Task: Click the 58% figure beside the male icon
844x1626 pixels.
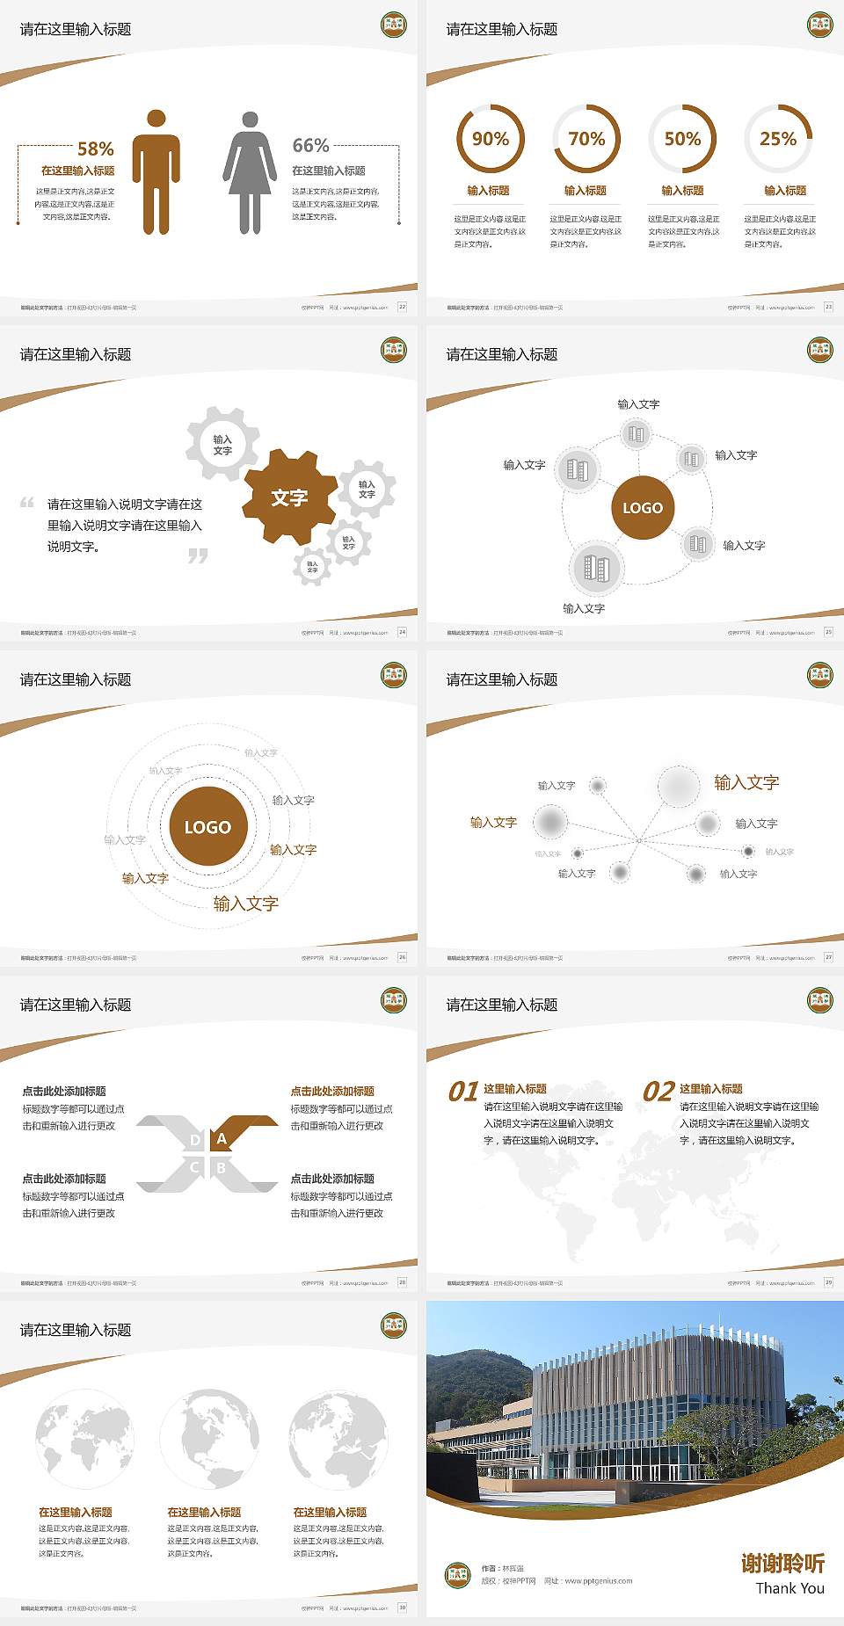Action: pyautogui.click(x=95, y=149)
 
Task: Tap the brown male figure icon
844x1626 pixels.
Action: pyautogui.click(x=156, y=172)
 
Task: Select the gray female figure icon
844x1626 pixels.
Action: pyautogui.click(x=250, y=172)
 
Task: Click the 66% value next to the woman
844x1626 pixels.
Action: pyautogui.click(x=310, y=145)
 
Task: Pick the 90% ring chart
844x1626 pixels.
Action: pyautogui.click(x=490, y=139)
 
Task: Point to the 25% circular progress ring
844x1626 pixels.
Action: pyautogui.click(x=778, y=139)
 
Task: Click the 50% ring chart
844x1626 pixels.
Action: pyautogui.click(x=682, y=139)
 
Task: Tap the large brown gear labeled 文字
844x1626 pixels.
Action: pyautogui.click(x=289, y=497)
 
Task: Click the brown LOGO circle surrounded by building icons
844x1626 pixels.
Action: pyautogui.click(x=643, y=507)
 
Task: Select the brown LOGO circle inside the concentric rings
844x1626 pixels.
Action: pyautogui.click(x=207, y=826)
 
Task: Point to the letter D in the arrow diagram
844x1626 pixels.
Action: pyautogui.click(x=195, y=1140)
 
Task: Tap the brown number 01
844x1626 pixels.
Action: pyautogui.click(x=463, y=1092)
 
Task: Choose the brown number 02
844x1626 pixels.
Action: pyautogui.click(x=658, y=1092)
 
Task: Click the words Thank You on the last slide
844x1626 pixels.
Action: pyautogui.click(x=789, y=1588)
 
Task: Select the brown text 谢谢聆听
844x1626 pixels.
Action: pyautogui.click(x=782, y=1563)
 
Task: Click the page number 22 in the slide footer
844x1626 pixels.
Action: pyautogui.click(x=402, y=307)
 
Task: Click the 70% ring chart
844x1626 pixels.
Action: pyautogui.click(x=586, y=139)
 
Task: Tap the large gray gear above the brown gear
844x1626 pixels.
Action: pyautogui.click(x=222, y=444)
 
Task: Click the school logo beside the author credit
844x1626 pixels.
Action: pyautogui.click(x=457, y=1573)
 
